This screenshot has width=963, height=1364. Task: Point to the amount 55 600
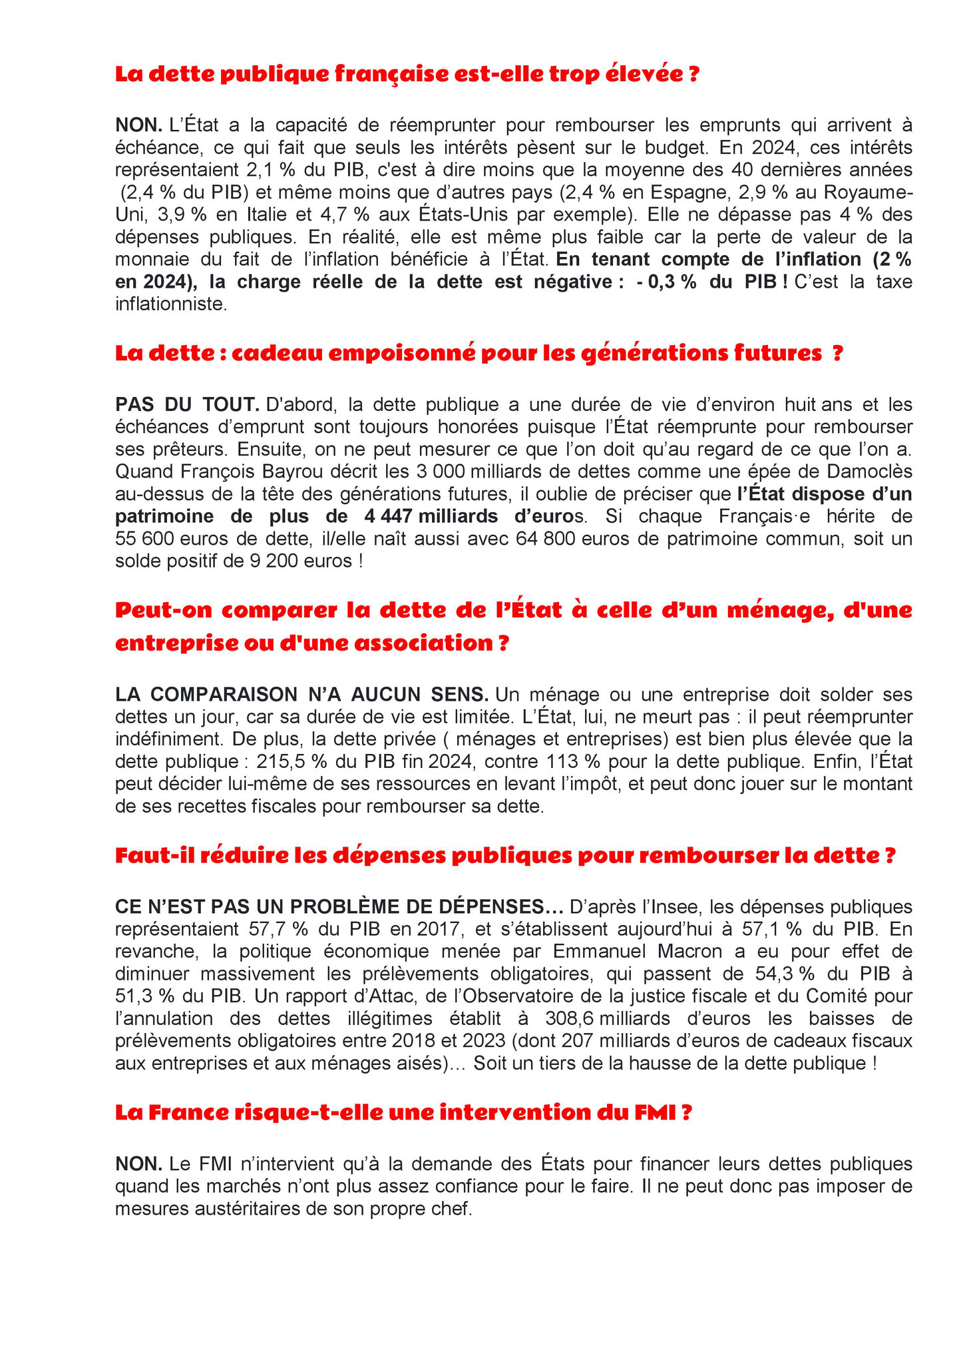click(x=143, y=539)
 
